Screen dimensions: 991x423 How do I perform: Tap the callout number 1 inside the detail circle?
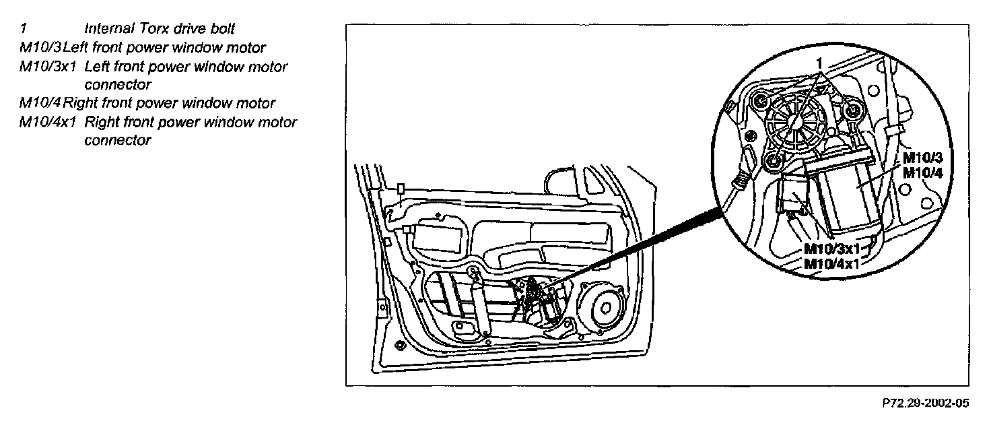coord(819,63)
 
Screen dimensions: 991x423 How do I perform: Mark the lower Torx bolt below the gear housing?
coord(772,160)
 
